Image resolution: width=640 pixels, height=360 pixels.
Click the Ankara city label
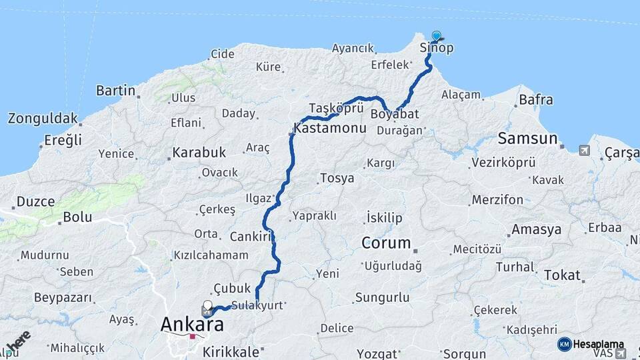coord(192,325)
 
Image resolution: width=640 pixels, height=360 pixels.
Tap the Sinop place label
coord(437,48)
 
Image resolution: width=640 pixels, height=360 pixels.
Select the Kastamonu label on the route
coord(329,127)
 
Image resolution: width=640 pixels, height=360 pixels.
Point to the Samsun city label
coord(527,139)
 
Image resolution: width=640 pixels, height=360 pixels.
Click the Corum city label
coord(386,243)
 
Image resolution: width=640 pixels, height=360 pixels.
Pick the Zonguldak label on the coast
coord(43,119)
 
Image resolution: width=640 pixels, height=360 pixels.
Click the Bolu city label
coord(77,217)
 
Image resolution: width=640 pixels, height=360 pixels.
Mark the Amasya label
coord(537,230)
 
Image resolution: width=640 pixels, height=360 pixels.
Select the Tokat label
coord(562,275)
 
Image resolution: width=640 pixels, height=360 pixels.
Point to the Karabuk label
coord(199,153)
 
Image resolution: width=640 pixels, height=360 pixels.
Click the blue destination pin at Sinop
coord(436,36)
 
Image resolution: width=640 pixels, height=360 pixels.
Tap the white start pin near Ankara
coord(207,307)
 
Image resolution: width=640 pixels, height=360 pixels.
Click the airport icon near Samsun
coord(585,150)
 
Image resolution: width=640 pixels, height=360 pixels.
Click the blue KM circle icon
coord(564,344)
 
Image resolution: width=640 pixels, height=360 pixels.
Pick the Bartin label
coord(116,90)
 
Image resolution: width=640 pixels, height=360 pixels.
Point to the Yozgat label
coord(377,353)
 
